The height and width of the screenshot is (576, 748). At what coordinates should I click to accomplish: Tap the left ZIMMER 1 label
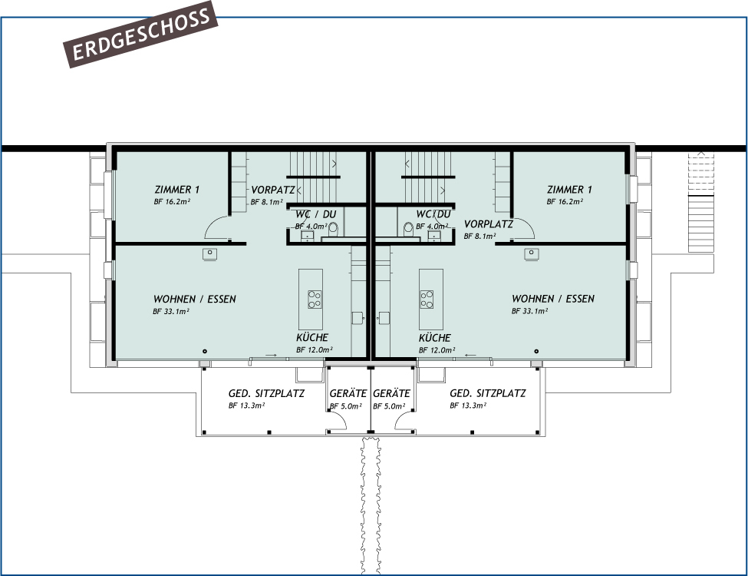pyautogui.click(x=177, y=190)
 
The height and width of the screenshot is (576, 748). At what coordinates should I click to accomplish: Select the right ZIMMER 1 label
pyautogui.click(x=569, y=190)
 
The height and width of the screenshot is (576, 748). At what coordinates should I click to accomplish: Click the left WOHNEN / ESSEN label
pyautogui.click(x=195, y=300)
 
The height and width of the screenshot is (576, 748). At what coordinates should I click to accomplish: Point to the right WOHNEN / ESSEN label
pyautogui.click(x=553, y=299)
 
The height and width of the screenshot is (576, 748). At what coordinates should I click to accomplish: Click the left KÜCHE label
pyautogui.click(x=312, y=338)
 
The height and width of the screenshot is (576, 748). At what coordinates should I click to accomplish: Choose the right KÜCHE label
pyautogui.click(x=435, y=338)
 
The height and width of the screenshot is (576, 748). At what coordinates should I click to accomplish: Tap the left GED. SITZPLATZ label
pyautogui.click(x=266, y=394)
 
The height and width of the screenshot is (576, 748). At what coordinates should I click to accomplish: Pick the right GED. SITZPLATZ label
pyautogui.click(x=488, y=393)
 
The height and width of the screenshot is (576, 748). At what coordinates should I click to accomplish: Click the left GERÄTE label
pyautogui.click(x=348, y=394)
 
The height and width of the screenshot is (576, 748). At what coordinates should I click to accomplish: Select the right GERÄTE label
pyautogui.click(x=392, y=394)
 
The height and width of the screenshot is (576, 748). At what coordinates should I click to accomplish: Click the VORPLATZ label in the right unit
pyautogui.click(x=489, y=224)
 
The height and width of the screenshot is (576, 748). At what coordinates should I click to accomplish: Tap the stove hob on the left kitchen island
pyautogui.click(x=315, y=298)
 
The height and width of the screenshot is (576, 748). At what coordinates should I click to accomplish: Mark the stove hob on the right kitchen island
pyautogui.click(x=427, y=298)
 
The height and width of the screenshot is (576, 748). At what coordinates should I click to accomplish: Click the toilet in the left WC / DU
pyautogui.click(x=333, y=228)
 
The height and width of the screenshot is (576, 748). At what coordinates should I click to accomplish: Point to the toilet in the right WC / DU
pyautogui.click(x=408, y=228)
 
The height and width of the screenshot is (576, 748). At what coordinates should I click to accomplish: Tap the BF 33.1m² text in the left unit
pyautogui.click(x=171, y=312)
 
